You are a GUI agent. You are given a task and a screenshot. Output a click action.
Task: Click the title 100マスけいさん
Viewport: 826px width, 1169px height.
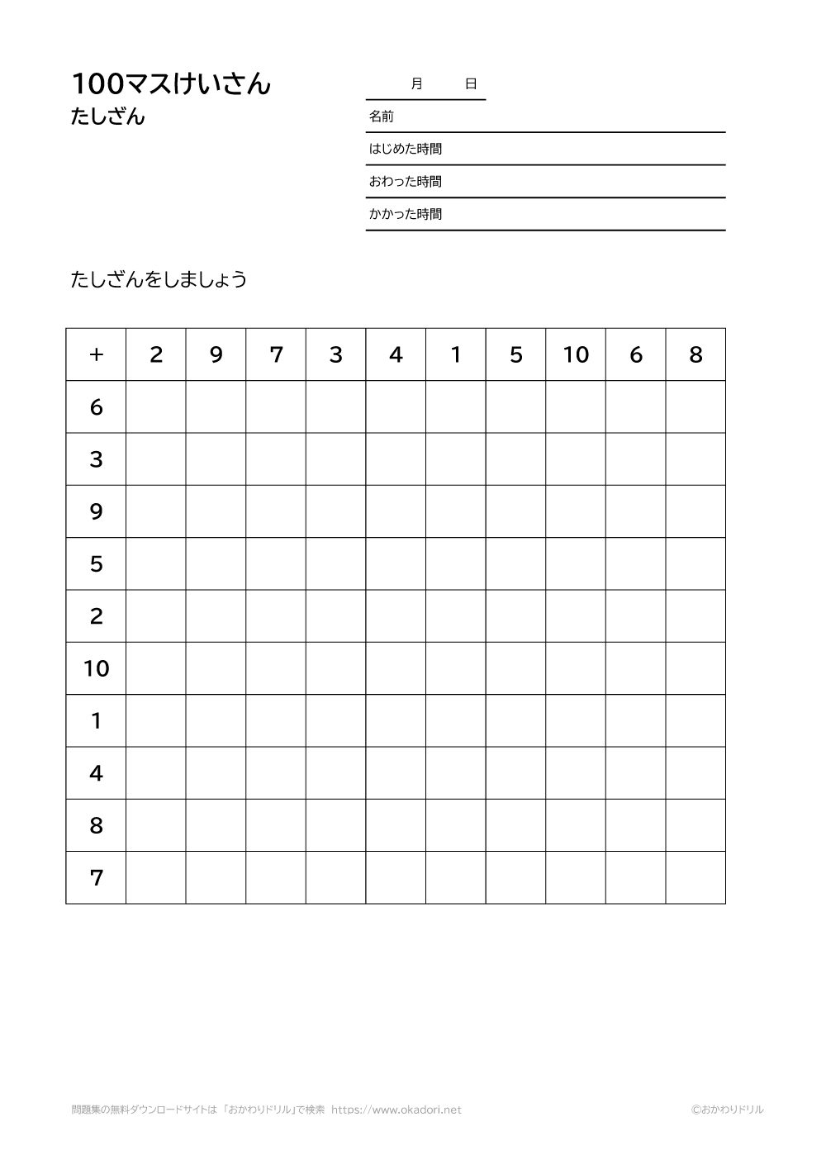[x=171, y=84]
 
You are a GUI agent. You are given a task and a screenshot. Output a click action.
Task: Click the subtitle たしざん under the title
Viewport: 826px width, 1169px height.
[x=108, y=117]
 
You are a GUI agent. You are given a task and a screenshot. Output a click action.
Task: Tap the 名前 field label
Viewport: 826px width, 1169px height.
[x=381, y=116]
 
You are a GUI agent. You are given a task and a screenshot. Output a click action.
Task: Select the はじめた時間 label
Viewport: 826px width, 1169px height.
[x=405, y=149]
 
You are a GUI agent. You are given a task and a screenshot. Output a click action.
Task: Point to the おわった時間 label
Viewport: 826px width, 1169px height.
[x=405, y=182]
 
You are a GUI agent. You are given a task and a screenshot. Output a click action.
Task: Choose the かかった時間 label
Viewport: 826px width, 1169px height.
[x=405, y=214]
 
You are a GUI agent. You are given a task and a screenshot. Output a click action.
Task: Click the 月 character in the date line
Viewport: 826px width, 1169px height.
[x=416, y=83]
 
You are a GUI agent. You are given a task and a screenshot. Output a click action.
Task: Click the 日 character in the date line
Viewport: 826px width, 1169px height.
[x=471, y=83]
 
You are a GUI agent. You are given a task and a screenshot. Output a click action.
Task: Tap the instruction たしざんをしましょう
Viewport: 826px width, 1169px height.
[x=159, y=279]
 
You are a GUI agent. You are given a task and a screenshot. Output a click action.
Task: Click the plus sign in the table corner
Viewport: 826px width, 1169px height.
[x=96, y=354]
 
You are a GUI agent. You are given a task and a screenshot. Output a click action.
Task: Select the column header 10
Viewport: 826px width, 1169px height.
[x=576, y=354]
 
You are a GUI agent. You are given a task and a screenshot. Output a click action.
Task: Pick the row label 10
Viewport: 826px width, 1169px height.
[x=96, y=668]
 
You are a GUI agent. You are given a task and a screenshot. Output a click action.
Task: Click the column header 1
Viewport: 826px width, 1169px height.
[x=456, y=354]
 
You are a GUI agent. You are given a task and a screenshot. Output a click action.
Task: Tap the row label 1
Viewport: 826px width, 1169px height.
[x=96, y=720]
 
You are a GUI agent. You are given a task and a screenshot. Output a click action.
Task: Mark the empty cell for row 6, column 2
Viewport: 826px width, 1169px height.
[x=156, y=406]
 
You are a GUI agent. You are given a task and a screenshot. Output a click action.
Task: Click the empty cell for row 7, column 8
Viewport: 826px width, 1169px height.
[x=695, y=877]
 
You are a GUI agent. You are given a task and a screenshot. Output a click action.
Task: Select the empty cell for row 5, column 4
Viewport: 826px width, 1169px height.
[x=396, y=563]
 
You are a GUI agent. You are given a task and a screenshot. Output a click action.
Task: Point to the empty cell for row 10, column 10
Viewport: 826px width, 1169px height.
[x=576, y=668]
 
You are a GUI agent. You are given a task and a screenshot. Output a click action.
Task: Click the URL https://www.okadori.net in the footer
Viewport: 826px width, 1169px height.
[x=396, y=1110]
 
